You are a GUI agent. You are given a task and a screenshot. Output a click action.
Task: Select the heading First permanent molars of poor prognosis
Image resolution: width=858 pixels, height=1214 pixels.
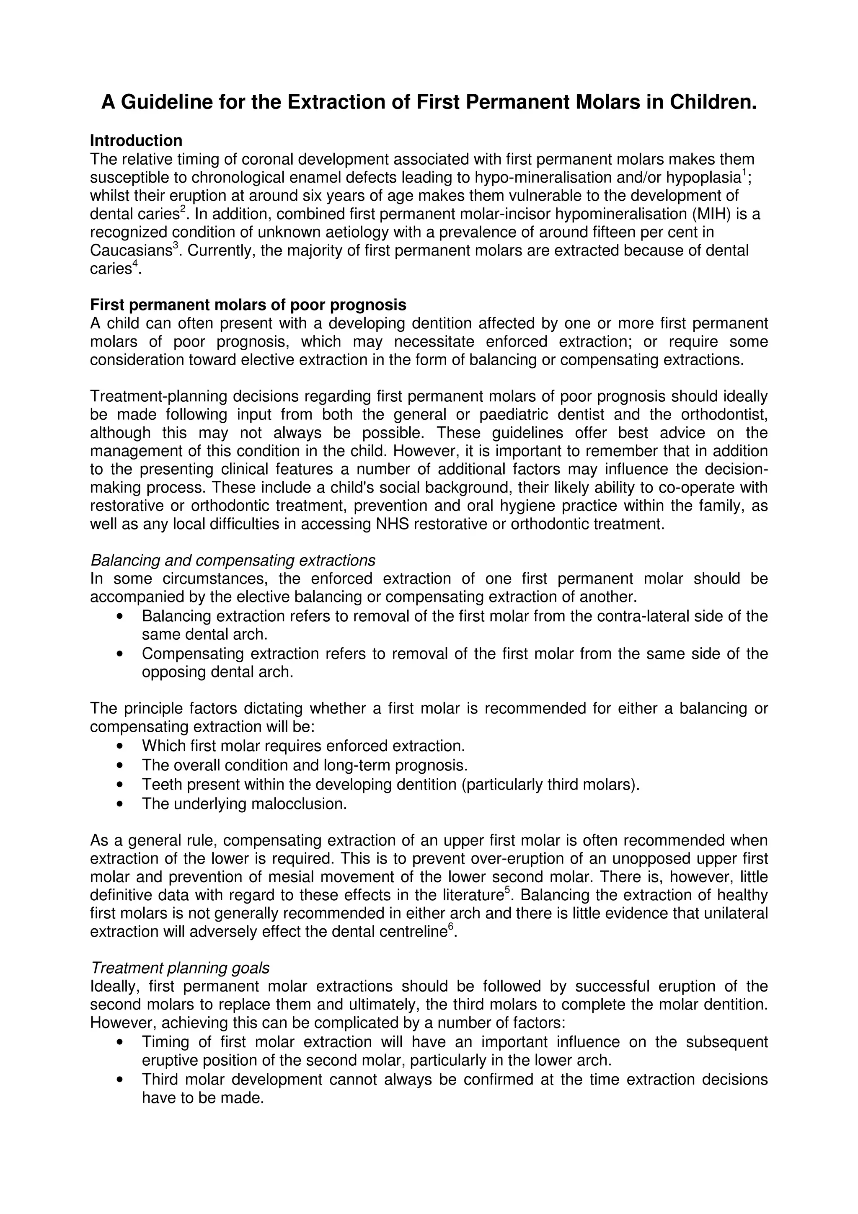[x=248, y=305]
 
